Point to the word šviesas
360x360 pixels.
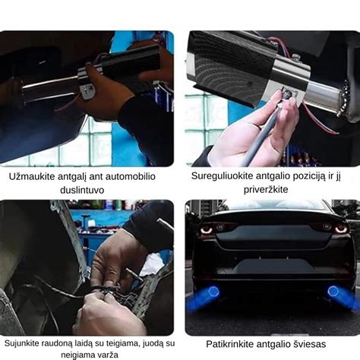[x=318, y=343]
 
